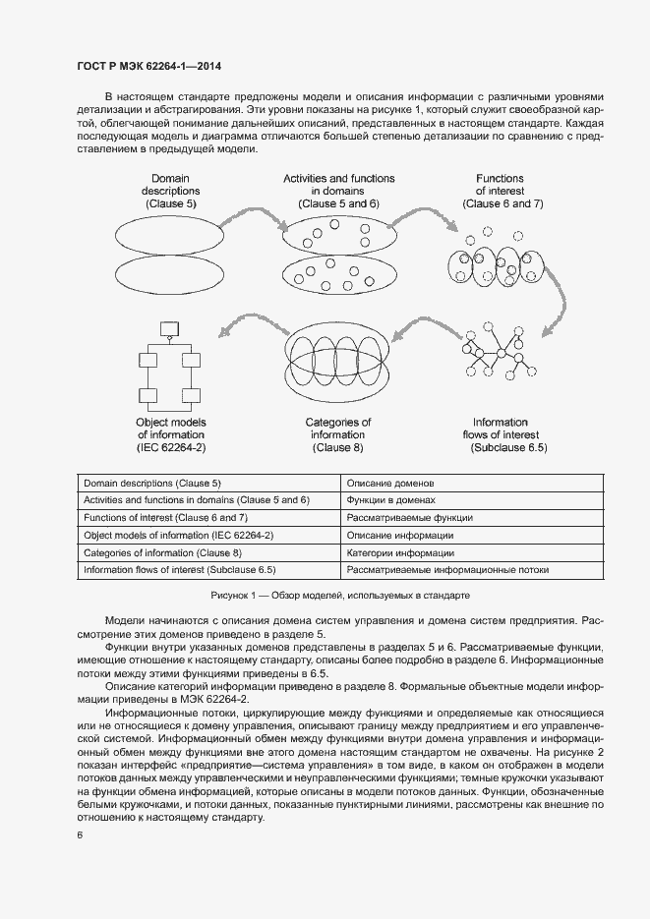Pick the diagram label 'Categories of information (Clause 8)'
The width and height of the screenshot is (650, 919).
[x=337, y=434]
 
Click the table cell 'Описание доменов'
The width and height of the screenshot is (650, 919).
[x=390, y=484]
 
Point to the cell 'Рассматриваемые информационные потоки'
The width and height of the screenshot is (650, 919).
[x=447, y=569]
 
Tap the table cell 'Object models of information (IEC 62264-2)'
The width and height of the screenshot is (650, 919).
[x=179, y=535]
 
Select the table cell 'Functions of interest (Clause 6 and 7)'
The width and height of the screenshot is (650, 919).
[x=165, y=517]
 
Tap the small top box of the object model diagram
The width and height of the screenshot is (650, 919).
[x=169, y=326]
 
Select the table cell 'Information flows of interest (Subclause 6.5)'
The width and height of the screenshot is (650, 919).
[x=180, y=569]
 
